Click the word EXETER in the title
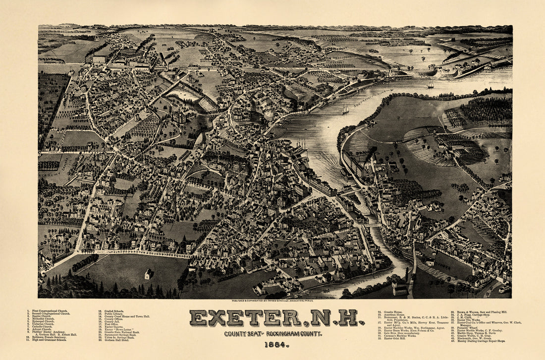245,318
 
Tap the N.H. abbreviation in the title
334,318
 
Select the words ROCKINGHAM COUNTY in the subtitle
294,334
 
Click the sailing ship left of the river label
345,109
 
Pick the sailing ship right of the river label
431,85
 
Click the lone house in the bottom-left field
148,274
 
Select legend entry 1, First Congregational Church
49,311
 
